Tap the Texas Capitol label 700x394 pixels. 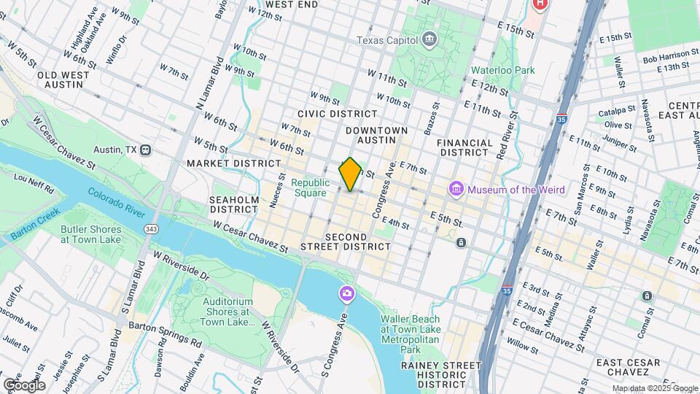[388, 40]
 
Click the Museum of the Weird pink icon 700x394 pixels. [457, 190]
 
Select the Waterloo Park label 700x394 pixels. [503, 70]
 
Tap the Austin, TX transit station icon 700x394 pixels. [146, 150]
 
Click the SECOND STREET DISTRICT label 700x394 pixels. [348, 242]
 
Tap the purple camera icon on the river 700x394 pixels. [346, 293]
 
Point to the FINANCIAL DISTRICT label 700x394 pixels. [473, 148]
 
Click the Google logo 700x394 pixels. [24, 385]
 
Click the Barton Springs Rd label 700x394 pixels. [165, 333]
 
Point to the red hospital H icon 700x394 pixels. [539, 4]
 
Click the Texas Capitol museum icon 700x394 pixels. [429, 39]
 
